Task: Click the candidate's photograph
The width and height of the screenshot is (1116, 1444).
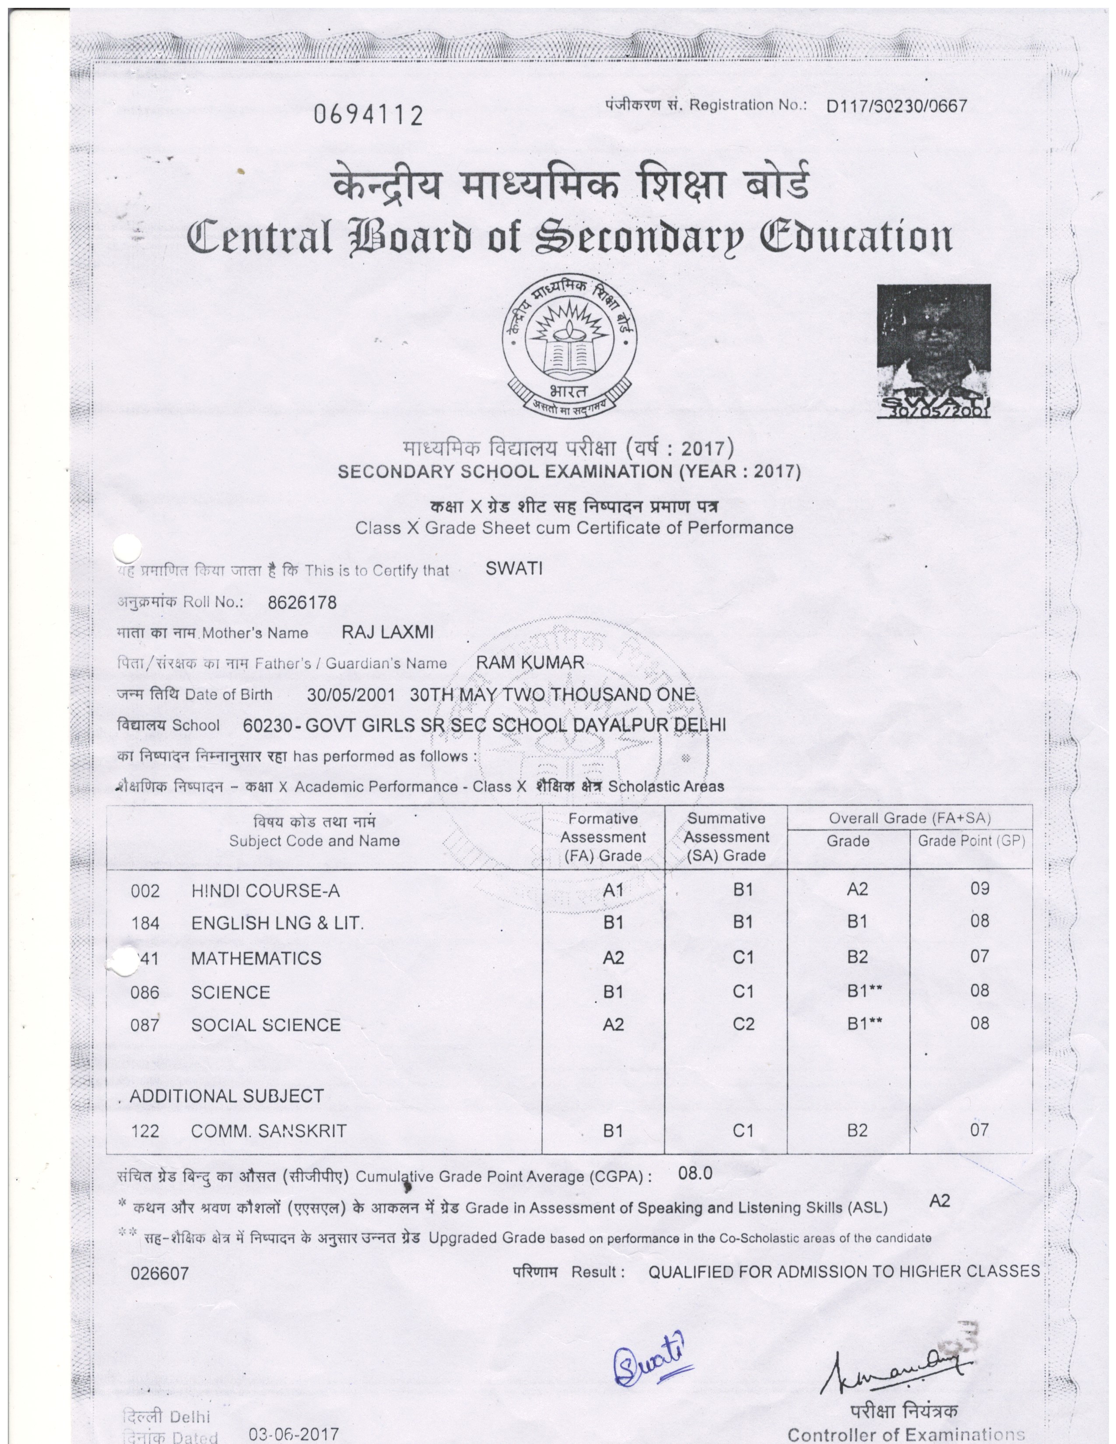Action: [933, 350]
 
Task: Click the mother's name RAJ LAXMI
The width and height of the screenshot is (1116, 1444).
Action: [387, 633]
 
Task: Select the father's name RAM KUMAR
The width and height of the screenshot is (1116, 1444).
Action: [530, 662]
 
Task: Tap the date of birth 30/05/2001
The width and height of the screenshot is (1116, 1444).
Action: [351, 694]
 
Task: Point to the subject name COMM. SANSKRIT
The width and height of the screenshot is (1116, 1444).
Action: [268, 1131]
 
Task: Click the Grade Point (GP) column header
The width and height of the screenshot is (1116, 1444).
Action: [971, 841]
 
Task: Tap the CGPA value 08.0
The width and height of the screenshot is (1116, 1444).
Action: [695, 1174]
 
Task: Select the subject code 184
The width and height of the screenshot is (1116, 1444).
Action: [145, 924]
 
